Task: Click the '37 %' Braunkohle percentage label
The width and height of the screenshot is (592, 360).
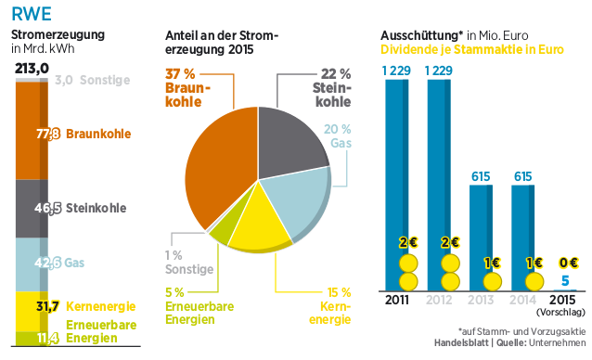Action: pyautogui.click(x=181, y=72)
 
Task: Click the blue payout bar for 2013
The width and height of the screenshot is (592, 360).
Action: pyautogui.click(x=480, y=232)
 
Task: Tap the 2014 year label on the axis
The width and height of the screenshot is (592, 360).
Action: pyautogui.click(x=522, y=300)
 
